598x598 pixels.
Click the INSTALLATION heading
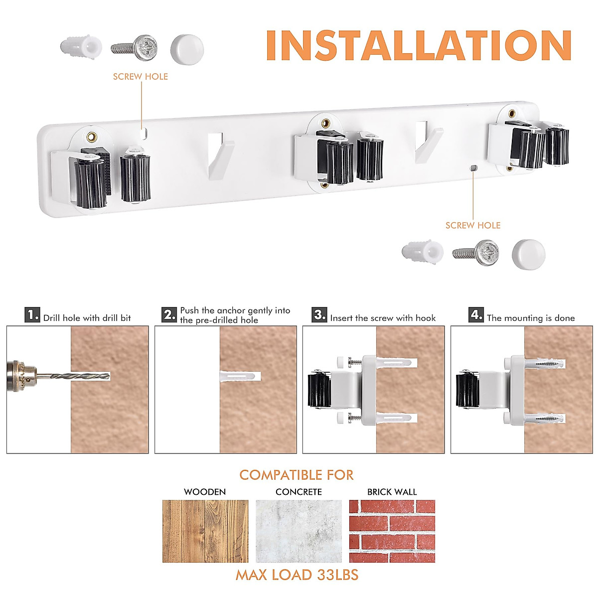point(419,45)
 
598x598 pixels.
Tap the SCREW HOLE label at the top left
point(140,77)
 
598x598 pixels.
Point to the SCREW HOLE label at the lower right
point(473,225)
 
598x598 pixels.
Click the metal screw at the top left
point(135,48)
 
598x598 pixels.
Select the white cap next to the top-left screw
point(187,49)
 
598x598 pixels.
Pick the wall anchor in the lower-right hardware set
point(423,252)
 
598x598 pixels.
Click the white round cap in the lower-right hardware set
point(528,254)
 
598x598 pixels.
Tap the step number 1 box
point(32,315)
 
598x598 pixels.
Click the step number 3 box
point(319,315)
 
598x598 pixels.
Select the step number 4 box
point(476,315)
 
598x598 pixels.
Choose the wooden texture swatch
point(205,531)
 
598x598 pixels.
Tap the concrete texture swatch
point(299,531)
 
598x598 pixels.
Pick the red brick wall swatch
point(392,531)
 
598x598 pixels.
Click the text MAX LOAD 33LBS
point(297,575)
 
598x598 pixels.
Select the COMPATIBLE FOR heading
point(297,475)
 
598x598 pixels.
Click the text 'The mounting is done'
point(531,318)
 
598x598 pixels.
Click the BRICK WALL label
point(392,492)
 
